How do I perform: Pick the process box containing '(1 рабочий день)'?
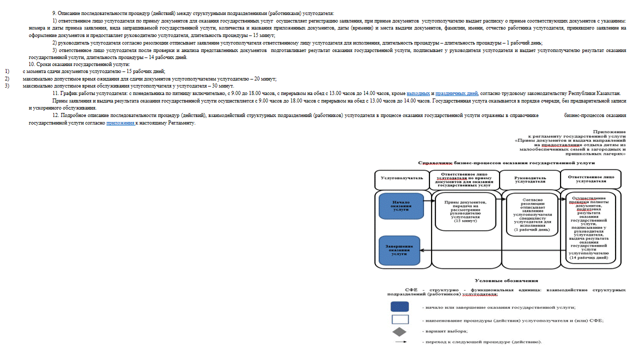(532, 214)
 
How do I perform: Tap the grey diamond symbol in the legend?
(399, 331)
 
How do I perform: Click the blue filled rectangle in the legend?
(399, 306)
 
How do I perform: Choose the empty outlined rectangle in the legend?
(399, 319)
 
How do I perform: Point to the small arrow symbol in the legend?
(399, 342)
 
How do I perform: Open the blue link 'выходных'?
(418, 93)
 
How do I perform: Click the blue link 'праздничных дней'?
(456, 93)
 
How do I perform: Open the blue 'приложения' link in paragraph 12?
(120, 122)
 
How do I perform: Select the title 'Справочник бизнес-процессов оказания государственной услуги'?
(506, 163)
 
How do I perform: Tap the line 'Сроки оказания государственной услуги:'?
(79, 64)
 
